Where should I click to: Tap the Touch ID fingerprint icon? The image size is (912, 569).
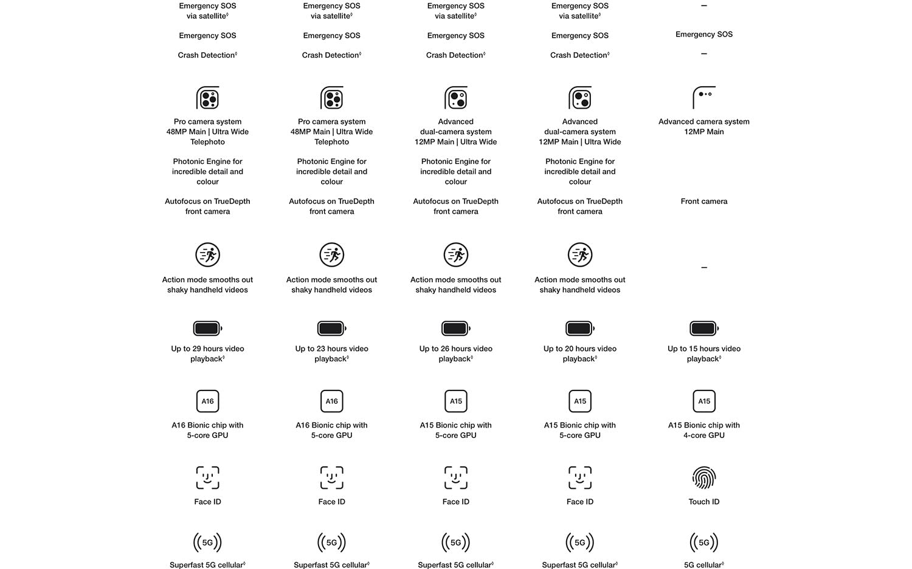[704, 478]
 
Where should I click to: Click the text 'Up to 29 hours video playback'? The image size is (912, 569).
[207, 353]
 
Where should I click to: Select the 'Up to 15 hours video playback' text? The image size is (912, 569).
[704, 353]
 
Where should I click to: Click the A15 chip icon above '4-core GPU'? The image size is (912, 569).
[704, 401]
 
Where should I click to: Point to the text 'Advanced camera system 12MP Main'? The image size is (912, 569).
[704, 126]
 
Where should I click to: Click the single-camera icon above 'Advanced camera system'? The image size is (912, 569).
[704, 97]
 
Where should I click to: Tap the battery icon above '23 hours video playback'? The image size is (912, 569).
[331, 329]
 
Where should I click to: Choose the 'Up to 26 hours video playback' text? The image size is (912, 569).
[456, 353]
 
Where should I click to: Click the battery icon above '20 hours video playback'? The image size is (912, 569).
[580, 329]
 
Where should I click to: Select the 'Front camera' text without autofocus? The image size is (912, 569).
[704, 201]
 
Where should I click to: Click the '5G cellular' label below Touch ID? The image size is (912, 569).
[703, 565]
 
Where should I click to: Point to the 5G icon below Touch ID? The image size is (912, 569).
[704, 542]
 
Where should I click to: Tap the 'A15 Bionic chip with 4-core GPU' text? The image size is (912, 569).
[704, 430]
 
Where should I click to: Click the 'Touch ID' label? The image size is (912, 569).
[704, 502]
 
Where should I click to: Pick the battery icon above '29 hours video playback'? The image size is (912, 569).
[207, 329]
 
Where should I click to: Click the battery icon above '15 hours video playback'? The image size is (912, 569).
[704, 329]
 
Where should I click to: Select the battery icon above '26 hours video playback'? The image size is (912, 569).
[456, 329]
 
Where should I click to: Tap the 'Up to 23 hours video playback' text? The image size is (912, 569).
[331, 353]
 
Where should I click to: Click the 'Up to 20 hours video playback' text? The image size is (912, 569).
[580, 353]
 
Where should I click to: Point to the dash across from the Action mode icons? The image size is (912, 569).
[704, 267]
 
